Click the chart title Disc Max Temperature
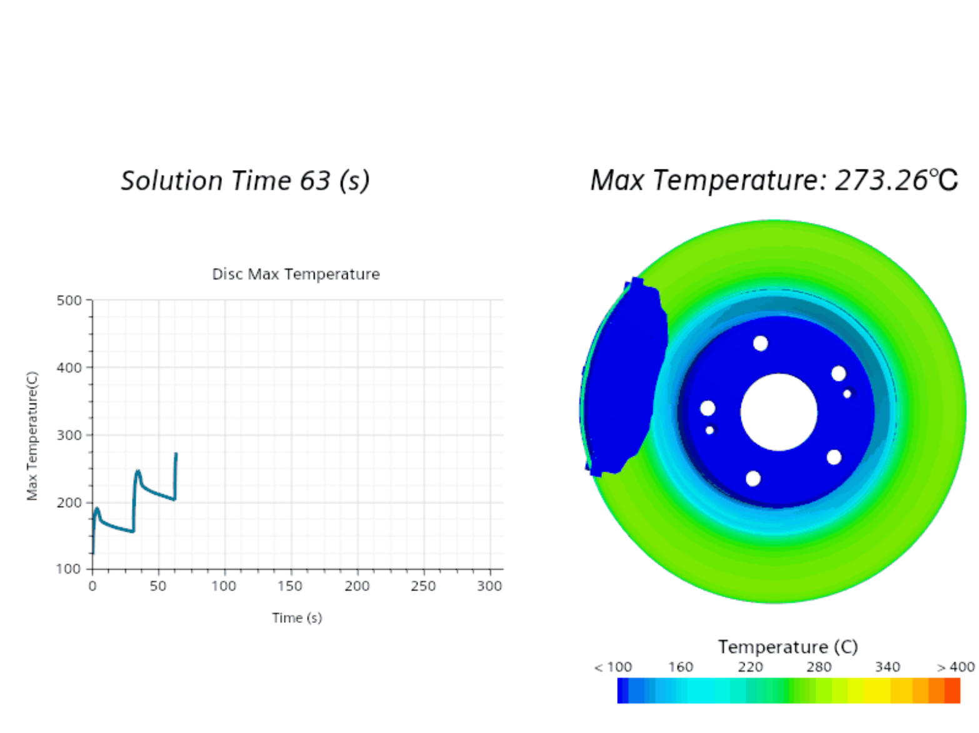click(296, 274)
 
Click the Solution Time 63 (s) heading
click(245, 181)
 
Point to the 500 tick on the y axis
click(69, 300)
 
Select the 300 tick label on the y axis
click(69, 435)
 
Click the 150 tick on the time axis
click(290, 586)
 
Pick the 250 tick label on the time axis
click(423, 586)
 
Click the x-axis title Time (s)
click(297, 618)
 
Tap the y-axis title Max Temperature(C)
click(32, 436)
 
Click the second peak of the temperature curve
click(138, 472)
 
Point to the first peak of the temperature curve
click(97, 509)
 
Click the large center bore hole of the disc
click(779, 412)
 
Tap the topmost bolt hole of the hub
click(760, 343)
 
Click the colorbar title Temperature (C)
click(788, 647)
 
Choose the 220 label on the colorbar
click(750, 667)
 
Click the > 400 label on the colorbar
click(955, 667)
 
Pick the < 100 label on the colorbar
click(613, 667)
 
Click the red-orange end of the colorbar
click(951, 691)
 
